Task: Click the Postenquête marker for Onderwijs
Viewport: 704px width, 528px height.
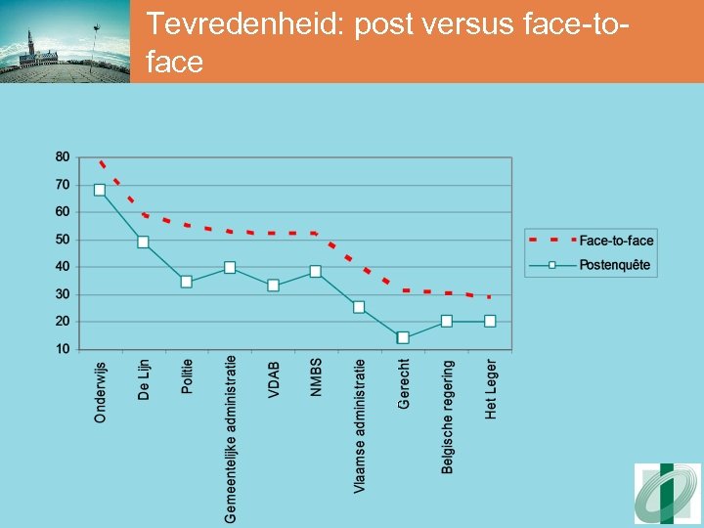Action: tap(100, 190)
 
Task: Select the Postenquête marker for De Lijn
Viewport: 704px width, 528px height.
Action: tap(143, 242)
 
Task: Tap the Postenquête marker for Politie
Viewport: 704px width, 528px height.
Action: tap(186, 282)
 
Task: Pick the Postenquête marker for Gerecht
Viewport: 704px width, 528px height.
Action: tap(403, 337)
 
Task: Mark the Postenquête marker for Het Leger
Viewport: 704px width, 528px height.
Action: tap(490, 321)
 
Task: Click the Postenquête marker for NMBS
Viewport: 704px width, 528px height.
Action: tap(316, 272)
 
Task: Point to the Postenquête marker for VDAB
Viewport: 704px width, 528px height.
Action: tap(273, 286)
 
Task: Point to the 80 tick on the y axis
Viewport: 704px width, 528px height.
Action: tap(63, 156)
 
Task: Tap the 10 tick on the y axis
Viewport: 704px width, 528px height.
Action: tap(63, 349)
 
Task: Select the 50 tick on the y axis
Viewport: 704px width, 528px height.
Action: tap(63, 240)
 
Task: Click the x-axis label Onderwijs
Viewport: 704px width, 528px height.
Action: tap(100, 392)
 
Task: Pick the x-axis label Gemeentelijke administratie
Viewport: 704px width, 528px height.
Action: tap(231, 438)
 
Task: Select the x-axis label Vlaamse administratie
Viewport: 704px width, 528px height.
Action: tap(360, 425)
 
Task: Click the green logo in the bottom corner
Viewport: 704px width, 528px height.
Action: tap(667, 494)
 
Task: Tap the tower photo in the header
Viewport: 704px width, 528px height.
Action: tap(65, 41)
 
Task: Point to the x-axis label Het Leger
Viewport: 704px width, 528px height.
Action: tap(491, 390)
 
